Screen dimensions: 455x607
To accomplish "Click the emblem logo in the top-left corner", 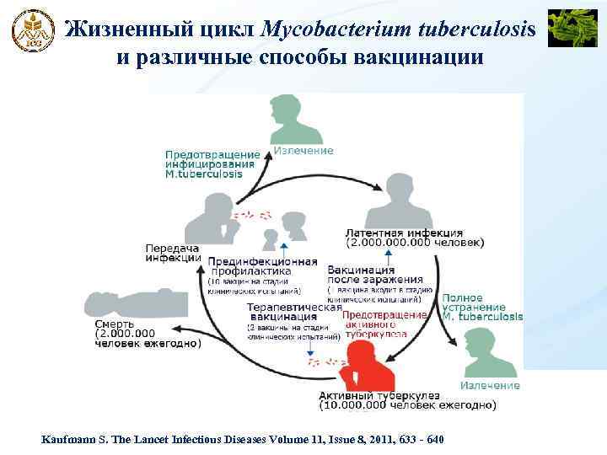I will click(32, 31).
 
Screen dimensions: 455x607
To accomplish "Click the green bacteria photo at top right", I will click(572, 28).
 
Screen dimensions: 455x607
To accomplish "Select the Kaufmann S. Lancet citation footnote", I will click(244, 441).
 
